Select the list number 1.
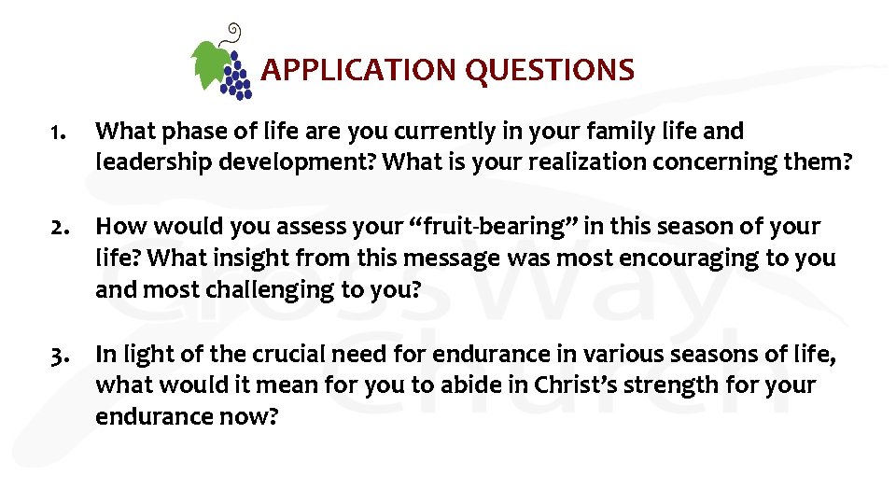pyautogui.click(x=59, y=132)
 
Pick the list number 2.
pyautogui.click(x=60, y=227)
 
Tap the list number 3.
pyautogui.click(x=60, y=354)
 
